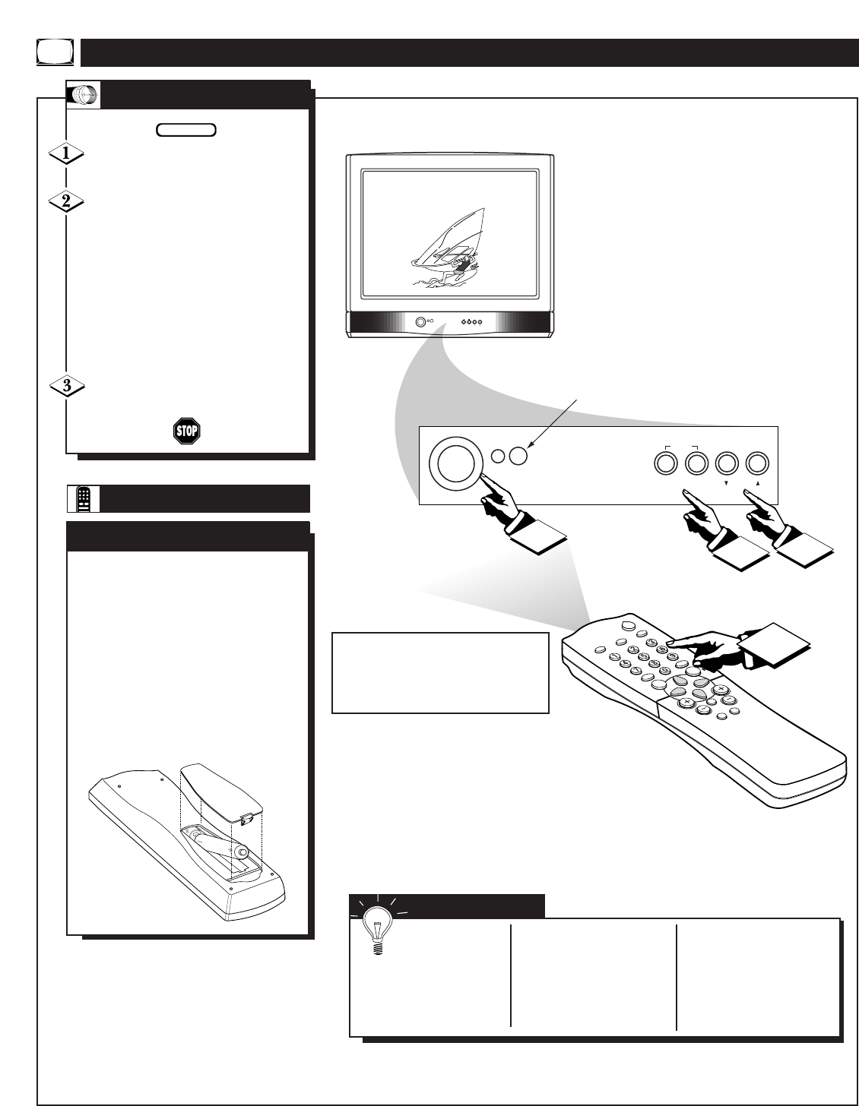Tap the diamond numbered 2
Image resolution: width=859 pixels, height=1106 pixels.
point(67,203)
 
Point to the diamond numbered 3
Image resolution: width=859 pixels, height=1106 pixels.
point(67,386)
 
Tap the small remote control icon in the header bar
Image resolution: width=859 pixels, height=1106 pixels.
point(84,498)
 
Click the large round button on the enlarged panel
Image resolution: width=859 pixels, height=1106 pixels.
point(455,463)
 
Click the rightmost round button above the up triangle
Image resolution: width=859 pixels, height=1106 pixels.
point(758,463)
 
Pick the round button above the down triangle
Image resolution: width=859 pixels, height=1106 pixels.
point(727,463)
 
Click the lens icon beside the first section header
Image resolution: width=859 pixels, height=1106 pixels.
point(84,95)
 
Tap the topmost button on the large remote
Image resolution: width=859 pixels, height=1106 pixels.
point(627,625)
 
